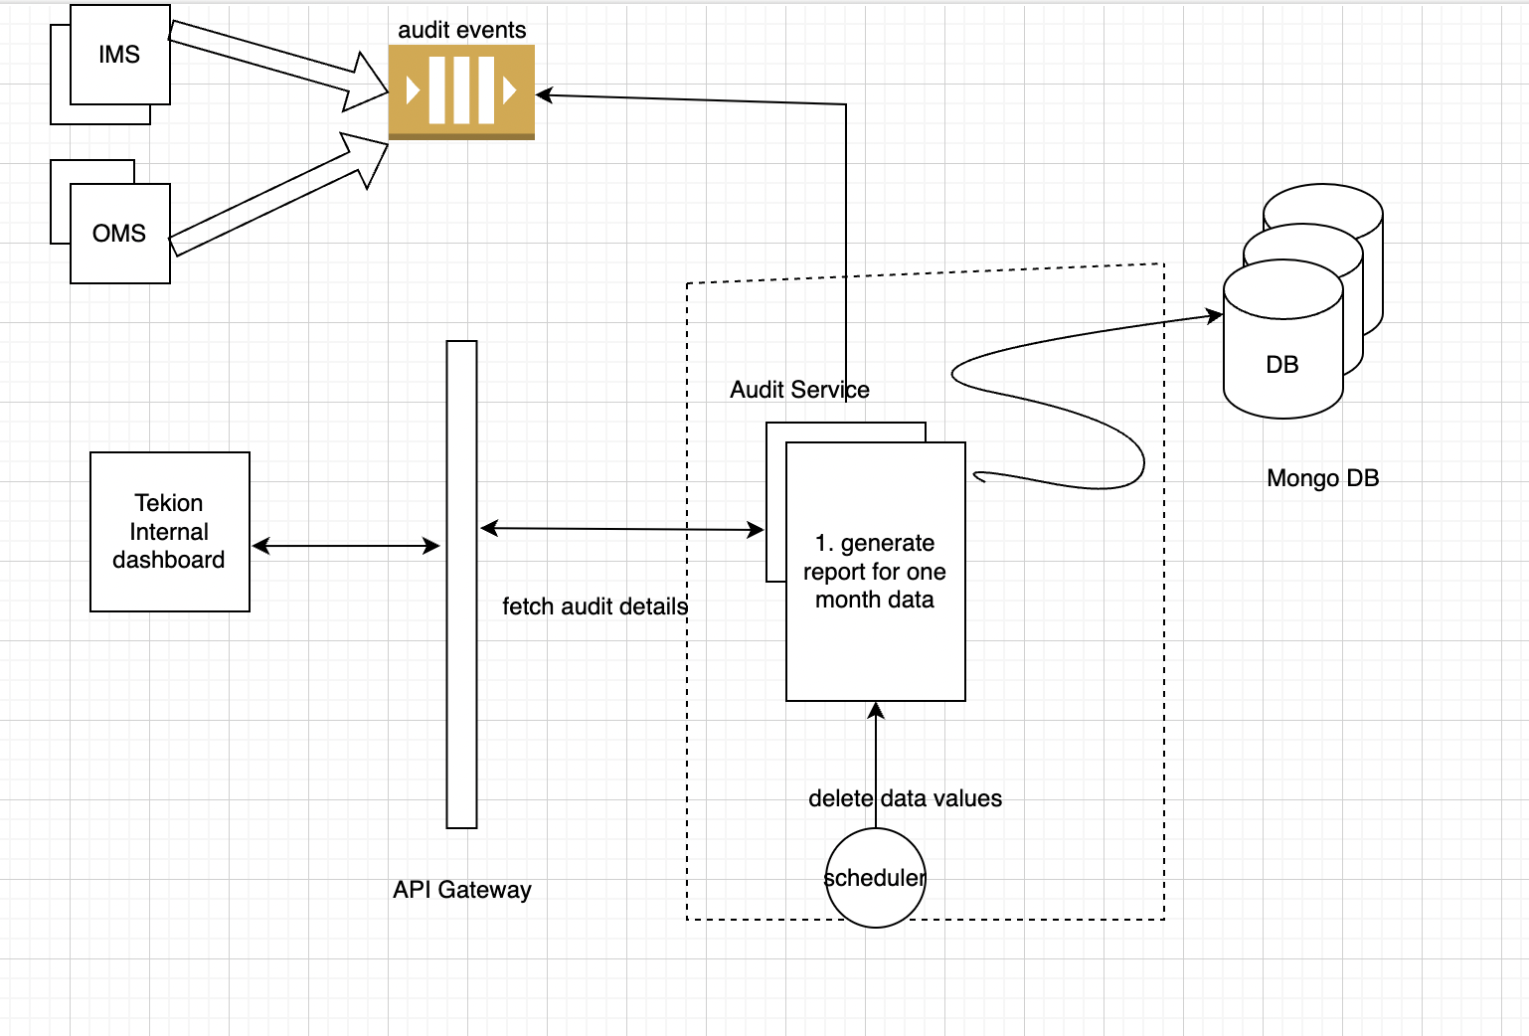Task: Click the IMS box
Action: pyautogui.click(x=119, y=55)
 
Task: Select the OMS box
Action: pyautogui.click(x=119, y=234)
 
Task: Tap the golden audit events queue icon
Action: pyautogui.click(x=461, y=92)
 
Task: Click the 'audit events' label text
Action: pyautogui.click(x=461, y=30)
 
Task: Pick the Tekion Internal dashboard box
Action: pyautogui.click(x=169, y=532)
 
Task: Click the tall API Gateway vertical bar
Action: pyautogui.click(x=461, y=585)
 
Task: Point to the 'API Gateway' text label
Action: pyautogui.click(x=461, y=890)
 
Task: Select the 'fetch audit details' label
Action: pyautogui.click(x=595, y=606)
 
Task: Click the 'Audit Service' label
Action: pyautogui.click(x=799, y=390)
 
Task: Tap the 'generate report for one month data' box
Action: pyautogui.click(x=875, y=572)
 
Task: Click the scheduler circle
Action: pyautogui.click(x=875, y=878)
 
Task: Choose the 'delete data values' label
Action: pyautogui.click(x=905, y=798)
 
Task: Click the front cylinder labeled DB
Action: pyautogui.click(x=1282, y=364)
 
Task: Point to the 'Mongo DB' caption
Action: pyautogui.click(x=1322, y=478)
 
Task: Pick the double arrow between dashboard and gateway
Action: pyautogui.click(x=345, y=546)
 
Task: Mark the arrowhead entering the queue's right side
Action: pyautogui.click(x=544, y=95)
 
